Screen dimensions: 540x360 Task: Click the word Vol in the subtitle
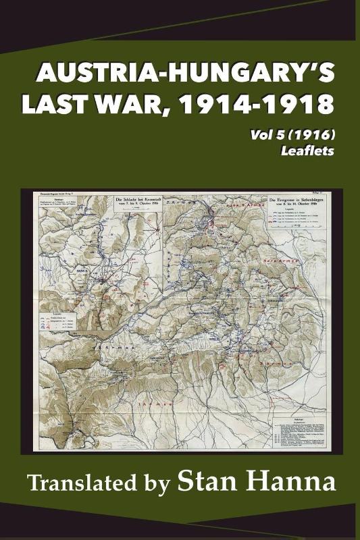coord(258,136)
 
